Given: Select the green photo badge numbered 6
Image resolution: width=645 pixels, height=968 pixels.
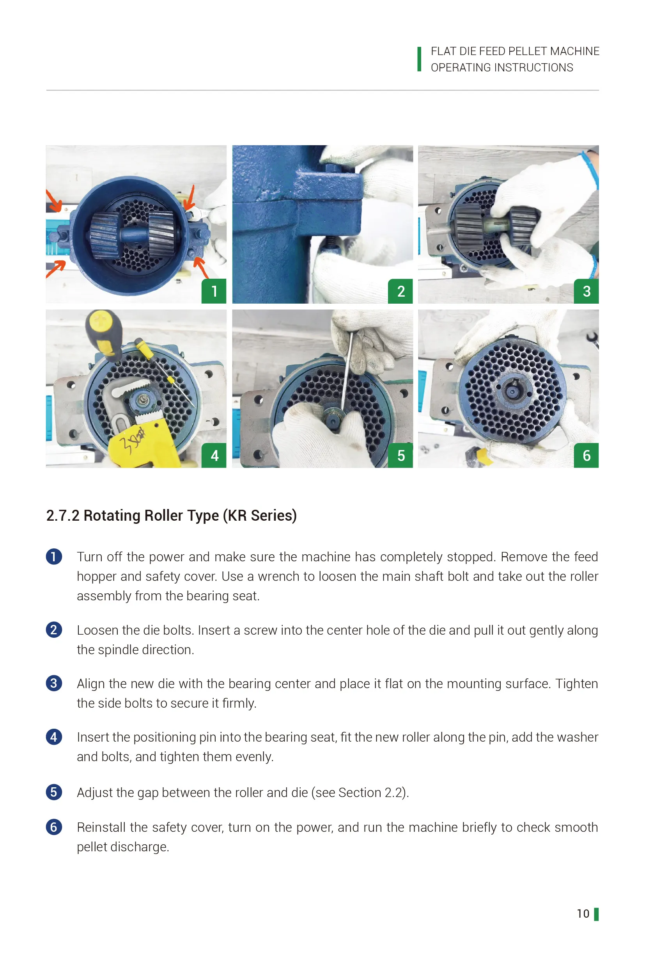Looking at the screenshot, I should tap(586, 456).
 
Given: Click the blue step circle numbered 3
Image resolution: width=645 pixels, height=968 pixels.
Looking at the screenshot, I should tap(54, 683).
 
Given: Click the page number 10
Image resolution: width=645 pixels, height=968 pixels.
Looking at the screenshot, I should tap(583, 914).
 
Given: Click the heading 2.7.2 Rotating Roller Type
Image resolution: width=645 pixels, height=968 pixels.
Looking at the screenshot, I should tap(171, 516).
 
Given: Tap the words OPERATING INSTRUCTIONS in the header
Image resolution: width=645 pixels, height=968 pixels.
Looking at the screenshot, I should tap(501, 68).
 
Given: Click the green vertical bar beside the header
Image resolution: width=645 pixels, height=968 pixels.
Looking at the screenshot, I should tap(419, 59).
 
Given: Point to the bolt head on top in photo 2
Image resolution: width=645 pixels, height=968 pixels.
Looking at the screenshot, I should tap(332, 168).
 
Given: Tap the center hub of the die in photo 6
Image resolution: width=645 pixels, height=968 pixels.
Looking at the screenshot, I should tap(512, 392).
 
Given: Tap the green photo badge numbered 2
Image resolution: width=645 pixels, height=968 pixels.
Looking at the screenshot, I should tap(400, 291).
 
